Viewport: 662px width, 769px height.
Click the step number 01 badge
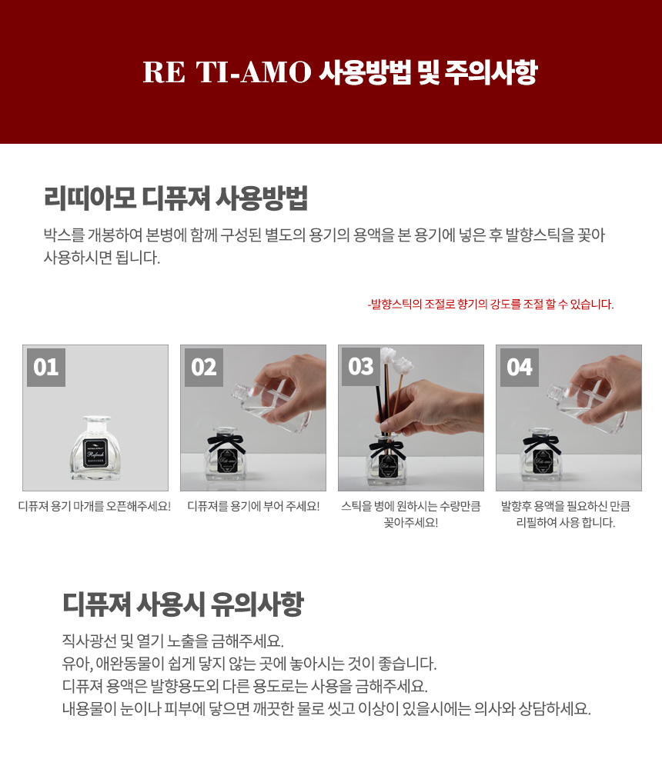[x=46, y=368]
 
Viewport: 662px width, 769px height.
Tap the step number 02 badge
[x=204, y=368]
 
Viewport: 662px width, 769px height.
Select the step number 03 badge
[x=361, y=366]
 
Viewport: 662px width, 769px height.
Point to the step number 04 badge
[x=520, y=368]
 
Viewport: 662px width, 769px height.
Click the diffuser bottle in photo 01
[x=95, y=448]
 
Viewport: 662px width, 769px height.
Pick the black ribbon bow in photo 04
[x=541, y=443]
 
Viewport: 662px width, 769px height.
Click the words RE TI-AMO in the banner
[x=227, y=72]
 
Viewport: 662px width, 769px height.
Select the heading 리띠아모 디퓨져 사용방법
[x=176, y=198]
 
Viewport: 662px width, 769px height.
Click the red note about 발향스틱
[x=490, y=304]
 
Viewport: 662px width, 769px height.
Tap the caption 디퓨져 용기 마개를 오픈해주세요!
[x=95, y=506]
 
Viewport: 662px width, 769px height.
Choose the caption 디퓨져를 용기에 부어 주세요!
[x=253, y=506]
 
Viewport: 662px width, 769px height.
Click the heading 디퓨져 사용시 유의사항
[x=182, y=604]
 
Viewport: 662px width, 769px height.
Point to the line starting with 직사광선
[x=173, y=641]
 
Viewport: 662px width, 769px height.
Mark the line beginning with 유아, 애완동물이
[x=249, y=664]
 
